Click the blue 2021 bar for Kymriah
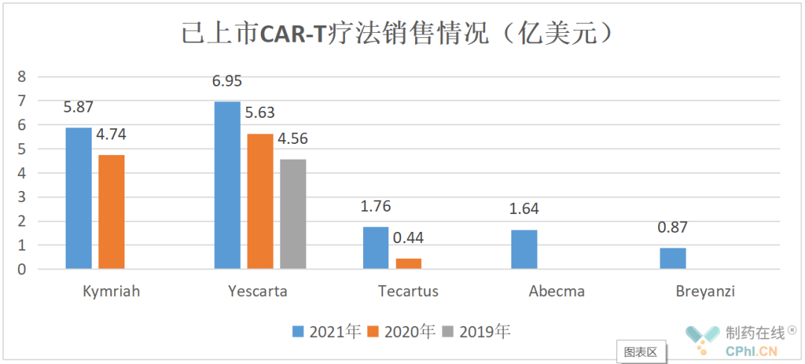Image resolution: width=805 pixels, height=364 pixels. (78, 198)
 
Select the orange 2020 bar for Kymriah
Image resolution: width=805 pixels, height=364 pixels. (111, 212)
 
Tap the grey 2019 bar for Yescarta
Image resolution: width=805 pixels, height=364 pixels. (293, 214)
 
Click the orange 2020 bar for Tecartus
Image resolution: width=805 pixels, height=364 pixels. (408, 263)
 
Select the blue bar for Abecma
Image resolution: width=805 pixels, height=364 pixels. (524, 249)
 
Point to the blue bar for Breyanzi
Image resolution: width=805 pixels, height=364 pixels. (672, 258)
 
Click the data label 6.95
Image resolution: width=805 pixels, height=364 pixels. (227, 82)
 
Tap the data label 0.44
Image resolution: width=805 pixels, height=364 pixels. (408, 239)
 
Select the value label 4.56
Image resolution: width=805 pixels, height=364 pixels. (293, 139)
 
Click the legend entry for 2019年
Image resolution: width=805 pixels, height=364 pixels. (477, 331)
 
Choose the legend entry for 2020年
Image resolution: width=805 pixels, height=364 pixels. (402, 331)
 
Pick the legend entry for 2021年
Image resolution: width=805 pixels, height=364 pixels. (327, 331)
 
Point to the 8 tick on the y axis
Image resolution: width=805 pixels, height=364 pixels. (22, 76)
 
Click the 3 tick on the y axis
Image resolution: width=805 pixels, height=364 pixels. (22, 197)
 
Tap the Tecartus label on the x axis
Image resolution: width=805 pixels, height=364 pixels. (408, 292)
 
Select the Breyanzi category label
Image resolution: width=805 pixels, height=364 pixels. (705, 292)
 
